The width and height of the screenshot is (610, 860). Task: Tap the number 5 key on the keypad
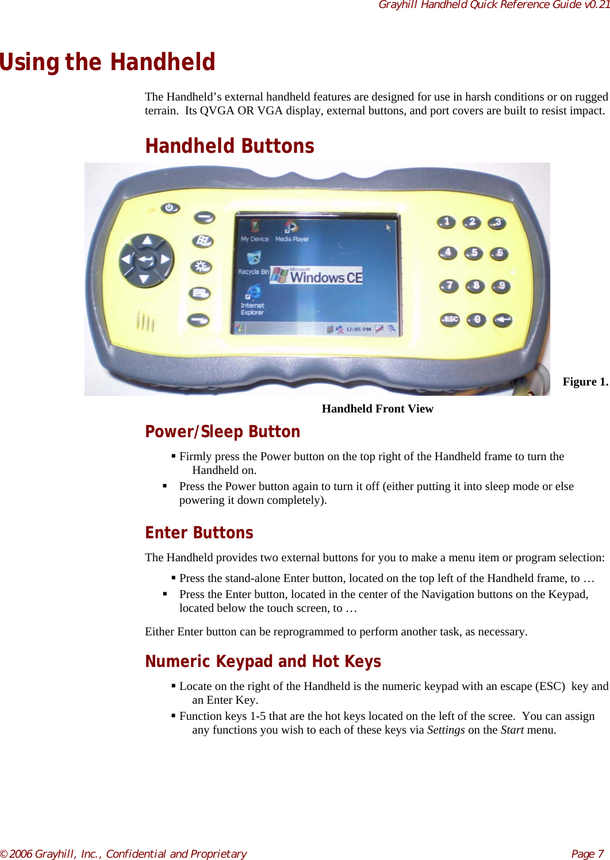click(474, 253)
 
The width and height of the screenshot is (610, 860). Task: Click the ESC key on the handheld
click(450, 319)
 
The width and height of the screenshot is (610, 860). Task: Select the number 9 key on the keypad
click(501, 286)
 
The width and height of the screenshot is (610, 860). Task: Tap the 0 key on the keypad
click(477, 319)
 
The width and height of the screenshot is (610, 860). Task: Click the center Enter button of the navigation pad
click(145, 260)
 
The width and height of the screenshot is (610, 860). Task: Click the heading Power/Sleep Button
click(222, 431)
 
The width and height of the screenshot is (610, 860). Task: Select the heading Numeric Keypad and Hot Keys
click(263, 661)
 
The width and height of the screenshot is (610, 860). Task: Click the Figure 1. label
click(585, 382)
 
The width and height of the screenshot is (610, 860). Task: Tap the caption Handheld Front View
click(377, 408)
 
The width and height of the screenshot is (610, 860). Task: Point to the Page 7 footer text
click(587, 854)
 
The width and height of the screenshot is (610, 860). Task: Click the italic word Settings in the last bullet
click(446, 730)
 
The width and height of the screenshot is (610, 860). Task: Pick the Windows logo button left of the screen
click(202, 241)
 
